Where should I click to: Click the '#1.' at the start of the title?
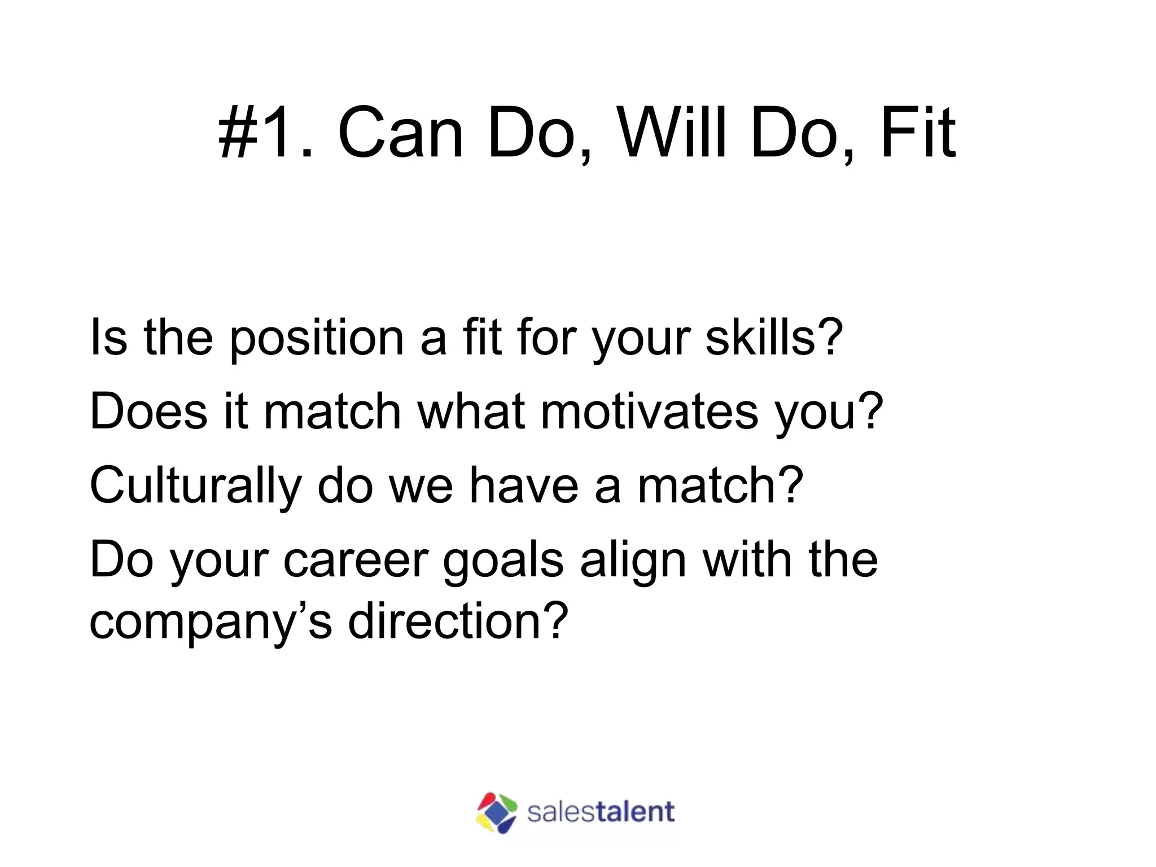click(x=265, y=133)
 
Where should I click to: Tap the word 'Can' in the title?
click(x=400, y=133)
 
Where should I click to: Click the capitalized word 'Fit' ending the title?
click(x=917, y=133)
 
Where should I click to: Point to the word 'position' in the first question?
click(x=317, y=339)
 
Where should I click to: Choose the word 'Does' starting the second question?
click(x=148, y=411)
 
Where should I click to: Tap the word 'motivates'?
click(x=650, y=411)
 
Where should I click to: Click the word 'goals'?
click(x=503, y=562)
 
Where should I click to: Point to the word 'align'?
click(x=633, y=561)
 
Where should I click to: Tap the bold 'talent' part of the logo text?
click(x=635, y=812)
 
